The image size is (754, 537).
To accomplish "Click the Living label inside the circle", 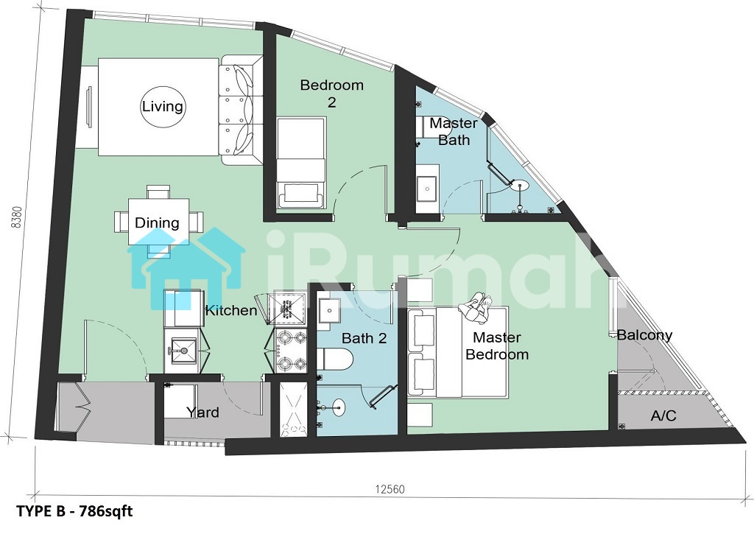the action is [x=163, y=106].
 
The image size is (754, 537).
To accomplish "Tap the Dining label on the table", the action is [x=157, y=222].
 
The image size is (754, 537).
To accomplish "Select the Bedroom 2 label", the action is [x=332, y=94].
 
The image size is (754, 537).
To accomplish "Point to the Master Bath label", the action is [x=454, y=131].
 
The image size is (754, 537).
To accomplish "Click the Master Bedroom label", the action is [x=497, y=346].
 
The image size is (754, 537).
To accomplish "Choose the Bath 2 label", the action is [x=364, y=338].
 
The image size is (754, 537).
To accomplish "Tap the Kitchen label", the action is [x=231, y=310].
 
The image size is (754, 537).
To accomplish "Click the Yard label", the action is [x=203, y=413].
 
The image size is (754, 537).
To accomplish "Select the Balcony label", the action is [x=644, y=335].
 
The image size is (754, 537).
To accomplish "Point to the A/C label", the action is [x=663, y=415].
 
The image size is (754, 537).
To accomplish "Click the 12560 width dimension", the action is [x=390, y=489].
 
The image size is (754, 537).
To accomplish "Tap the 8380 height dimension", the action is [x=18, y=217].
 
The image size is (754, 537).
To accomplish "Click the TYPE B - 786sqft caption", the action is [x=74, y=510].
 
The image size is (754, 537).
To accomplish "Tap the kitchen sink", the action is [x=181, y=351].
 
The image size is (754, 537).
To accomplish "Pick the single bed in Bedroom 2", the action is [x=301, y=163].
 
